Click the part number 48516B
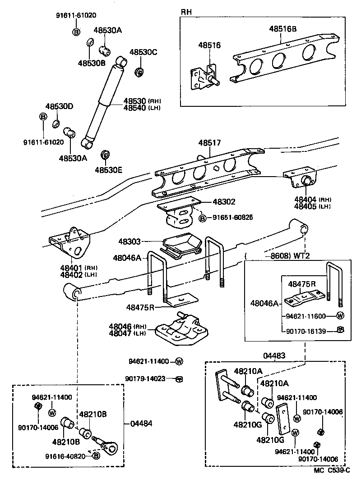[x=283, y=29]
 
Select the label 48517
[x=209, y=143]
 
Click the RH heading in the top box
[x=186, y=12]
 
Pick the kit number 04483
[x=275, y=355]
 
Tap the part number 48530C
[x=143, y=52]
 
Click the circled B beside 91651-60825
[x=203, y=218]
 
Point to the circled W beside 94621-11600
[x=341, y=315]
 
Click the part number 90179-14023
[x=149, y=379]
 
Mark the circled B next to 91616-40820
[x=96, y=456]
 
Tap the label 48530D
[x=59, y=107]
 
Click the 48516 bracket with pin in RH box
[x=203, y=79]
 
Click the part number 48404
[x=305, y=199]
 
